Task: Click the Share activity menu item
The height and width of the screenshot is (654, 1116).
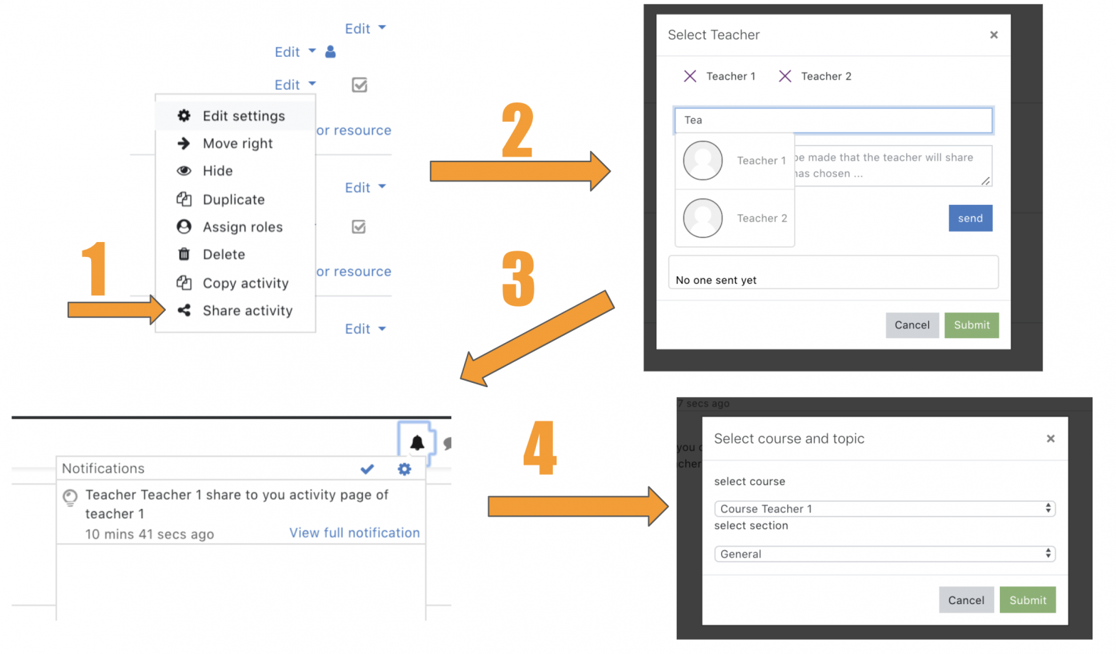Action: coord(246,311)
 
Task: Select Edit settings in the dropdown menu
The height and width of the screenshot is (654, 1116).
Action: coord(243,116)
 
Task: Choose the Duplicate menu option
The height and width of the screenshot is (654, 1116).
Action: coord(233,200)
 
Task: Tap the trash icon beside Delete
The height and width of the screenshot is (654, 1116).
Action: coord(184,255)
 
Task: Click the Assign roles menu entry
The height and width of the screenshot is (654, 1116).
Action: coord(242,227)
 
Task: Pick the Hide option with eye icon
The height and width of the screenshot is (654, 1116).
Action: coord(217,171)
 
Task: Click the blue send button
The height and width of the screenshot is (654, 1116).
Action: coord(969,218)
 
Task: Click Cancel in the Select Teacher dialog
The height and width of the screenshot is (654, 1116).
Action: coord(912,325)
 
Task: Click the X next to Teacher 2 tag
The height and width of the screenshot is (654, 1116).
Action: coord(784,76)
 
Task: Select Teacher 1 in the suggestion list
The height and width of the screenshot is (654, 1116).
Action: coord(735,161)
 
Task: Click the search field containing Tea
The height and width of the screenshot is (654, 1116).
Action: coord(833,120)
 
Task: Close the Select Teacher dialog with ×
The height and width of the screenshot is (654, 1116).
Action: coord(994,35)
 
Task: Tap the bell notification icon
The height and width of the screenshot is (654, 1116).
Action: coord(417,443)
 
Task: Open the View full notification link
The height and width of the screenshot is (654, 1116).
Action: coord(354,533)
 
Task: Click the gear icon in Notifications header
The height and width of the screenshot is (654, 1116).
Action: coord(404,469)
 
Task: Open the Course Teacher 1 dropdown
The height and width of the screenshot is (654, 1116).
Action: coord(884,509)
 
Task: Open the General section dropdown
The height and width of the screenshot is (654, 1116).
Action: coord(884,554)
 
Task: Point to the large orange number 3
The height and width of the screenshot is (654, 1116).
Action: coord(518,279)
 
